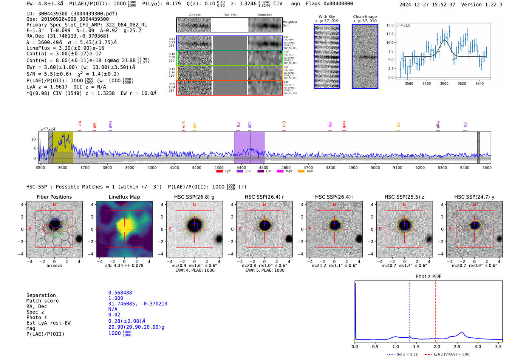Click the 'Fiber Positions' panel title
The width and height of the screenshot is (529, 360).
54,197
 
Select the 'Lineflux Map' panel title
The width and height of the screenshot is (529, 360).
124,197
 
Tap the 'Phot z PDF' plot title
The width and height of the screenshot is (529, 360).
428,277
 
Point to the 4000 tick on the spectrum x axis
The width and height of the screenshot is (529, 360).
152,168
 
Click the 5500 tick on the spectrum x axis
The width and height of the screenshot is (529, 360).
487,168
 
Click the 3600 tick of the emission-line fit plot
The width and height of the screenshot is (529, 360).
444,83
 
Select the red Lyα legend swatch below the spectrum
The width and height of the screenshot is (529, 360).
219,172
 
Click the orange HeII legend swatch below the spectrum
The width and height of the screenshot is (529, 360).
301,172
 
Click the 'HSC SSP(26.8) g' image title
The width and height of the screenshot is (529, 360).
194,197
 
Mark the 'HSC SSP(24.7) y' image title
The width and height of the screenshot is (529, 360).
474,197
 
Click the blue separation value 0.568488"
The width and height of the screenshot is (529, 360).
121,293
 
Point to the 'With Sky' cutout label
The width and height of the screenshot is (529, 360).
327,17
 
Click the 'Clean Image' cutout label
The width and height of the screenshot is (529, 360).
365,17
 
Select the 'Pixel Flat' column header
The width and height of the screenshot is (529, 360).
230,15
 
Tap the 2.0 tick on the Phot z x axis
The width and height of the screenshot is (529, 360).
436,346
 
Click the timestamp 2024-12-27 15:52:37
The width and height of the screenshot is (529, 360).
427,5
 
